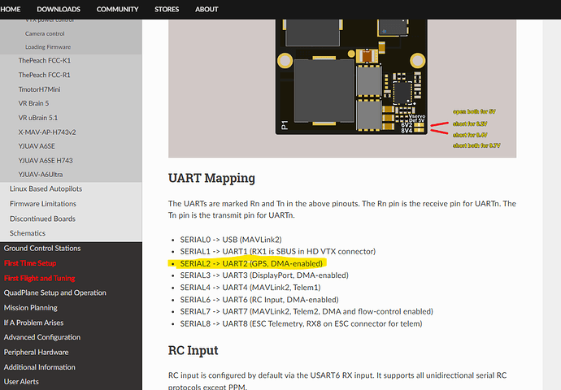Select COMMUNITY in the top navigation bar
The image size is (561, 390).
point(117,9)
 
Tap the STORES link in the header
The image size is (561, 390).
point(167,9)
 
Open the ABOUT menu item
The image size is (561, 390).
point(207,9)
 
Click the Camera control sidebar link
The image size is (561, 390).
point(45,34)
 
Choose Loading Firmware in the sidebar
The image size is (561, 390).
point(48,47)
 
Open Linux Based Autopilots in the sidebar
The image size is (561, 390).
point(46,188)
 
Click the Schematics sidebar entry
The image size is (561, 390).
point(28,233)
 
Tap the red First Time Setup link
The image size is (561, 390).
point(30,263)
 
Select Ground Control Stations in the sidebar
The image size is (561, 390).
point(42,249)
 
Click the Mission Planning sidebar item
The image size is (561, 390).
point(32,308)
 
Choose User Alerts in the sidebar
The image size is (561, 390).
point(22,381)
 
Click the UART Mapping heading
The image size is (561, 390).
point(211,177)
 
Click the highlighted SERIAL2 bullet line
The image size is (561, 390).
point(251,263)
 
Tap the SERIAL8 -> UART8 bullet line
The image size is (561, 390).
point(301,323)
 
